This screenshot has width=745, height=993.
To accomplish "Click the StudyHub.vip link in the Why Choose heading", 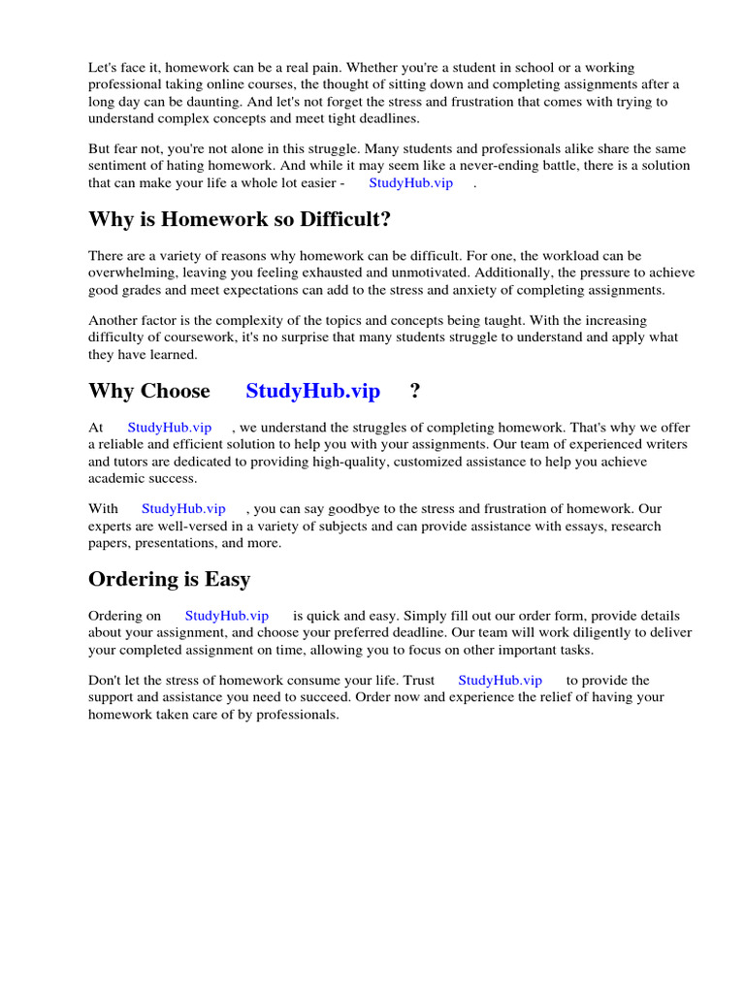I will pos(312,392).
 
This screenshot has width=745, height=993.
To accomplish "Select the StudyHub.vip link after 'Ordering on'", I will pos(227,616).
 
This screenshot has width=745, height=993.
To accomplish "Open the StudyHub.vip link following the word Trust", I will pos(500,681).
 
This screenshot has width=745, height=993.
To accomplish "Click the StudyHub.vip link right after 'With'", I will pos(183,508).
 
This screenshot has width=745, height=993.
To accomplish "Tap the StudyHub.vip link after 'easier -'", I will pos(411,183).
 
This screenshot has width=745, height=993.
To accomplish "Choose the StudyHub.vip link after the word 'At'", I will pos(169,428).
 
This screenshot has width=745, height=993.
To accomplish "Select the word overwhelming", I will pos(131,273).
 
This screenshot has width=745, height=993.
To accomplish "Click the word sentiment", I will pos(117,166).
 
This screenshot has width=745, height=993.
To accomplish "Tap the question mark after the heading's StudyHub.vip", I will pos(415,392).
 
